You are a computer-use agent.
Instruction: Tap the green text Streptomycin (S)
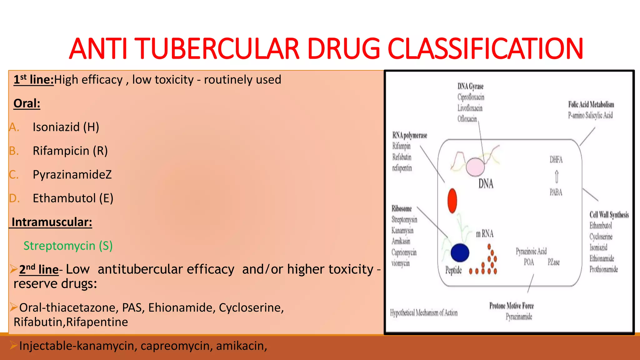68,246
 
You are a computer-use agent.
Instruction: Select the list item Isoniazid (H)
66,127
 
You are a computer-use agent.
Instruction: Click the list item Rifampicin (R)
70,151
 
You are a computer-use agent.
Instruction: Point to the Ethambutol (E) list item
73,198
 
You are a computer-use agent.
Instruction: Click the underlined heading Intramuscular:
52,222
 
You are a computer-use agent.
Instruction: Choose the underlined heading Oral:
27,103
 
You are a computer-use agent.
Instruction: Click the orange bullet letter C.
13,175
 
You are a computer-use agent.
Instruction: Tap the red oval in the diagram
452,200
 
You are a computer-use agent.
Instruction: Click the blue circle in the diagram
460,252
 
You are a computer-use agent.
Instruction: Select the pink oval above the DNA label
475,167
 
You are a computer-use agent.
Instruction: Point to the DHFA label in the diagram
556,160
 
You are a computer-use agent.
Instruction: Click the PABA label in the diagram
556,192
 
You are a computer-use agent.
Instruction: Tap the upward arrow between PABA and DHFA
557,177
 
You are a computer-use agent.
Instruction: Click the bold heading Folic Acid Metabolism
591,105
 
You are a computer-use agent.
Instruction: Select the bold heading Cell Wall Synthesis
609,215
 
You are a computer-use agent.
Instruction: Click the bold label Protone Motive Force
511,306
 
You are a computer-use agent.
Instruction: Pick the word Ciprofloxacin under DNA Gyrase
471,97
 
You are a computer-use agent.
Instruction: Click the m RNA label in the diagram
485,234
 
